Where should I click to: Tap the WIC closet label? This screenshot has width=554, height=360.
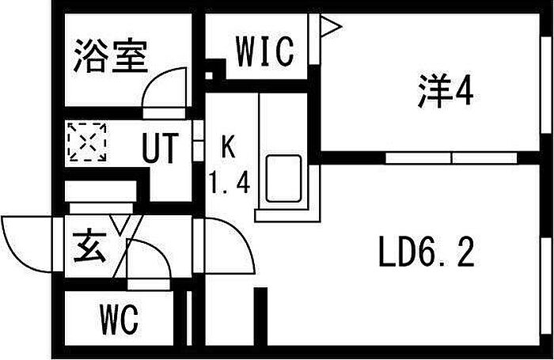[x=265, y=51]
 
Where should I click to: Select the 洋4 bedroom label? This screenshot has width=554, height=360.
[x=445, y=93]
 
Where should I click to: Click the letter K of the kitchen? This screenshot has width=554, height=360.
[x=228, y=146]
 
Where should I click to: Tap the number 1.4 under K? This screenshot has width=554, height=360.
[x=229, y=184]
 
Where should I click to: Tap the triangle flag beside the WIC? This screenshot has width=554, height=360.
[x=330, y=28]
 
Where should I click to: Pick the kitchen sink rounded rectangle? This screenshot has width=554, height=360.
[x=283, y=178]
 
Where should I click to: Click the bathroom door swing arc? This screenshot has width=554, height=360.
[x=164, y=87]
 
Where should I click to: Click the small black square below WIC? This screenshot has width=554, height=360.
[x=210, y=78]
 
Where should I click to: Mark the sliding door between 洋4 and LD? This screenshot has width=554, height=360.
[x=451, y=157]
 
